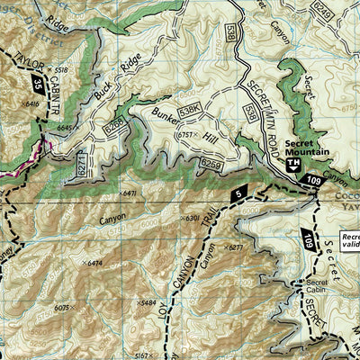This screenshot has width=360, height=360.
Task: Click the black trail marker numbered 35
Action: tap(35, 87)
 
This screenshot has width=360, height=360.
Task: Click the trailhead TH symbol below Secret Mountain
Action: tap(292, 165)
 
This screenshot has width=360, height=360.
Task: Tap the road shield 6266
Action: tap(114, 129)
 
